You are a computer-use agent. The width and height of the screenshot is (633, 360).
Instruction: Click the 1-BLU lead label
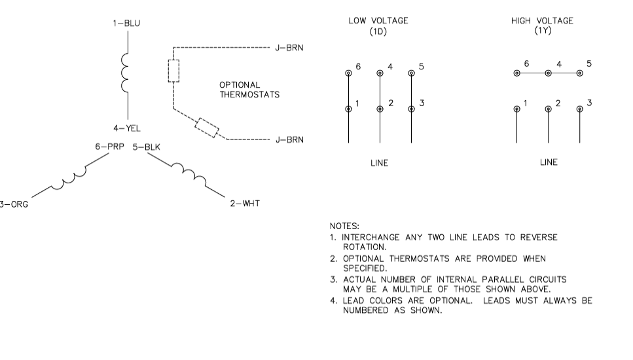[x=126, y=24]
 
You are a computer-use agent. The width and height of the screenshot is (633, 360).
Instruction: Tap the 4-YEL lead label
[x=127, y=128]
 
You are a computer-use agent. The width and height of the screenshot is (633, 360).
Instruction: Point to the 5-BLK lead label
[x=147, y=147]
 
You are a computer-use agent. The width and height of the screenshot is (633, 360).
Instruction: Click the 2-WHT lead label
[x=245, y=204]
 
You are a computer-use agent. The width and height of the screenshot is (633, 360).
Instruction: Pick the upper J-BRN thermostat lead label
[x=289, y=48]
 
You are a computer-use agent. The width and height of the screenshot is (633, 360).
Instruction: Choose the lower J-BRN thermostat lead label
[x=289, y=139]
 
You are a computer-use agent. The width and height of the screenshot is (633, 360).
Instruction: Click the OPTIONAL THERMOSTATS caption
[x=249, y=90]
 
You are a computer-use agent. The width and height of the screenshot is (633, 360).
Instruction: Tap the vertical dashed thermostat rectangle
[x=173, y=71]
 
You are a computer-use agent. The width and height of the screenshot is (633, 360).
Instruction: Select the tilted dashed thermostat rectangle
[x=207, y=128]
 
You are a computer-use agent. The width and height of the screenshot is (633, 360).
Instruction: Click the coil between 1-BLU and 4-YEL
[x=124, y=73]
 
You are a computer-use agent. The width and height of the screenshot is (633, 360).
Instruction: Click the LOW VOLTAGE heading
[x=378, y=26]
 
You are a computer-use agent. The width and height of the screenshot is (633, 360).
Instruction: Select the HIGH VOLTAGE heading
[x=542, y=26]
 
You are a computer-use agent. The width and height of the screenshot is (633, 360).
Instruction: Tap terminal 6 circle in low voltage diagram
[x=349, y=73]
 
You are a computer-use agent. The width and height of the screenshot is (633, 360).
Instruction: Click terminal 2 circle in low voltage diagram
[x=380, y=109]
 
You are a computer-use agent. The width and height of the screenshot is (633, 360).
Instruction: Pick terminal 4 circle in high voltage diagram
[x=549, y=73]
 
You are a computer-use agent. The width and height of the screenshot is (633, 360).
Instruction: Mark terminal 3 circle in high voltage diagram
[x=580, y=109]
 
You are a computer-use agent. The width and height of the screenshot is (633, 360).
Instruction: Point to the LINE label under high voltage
[x=549, y=162]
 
